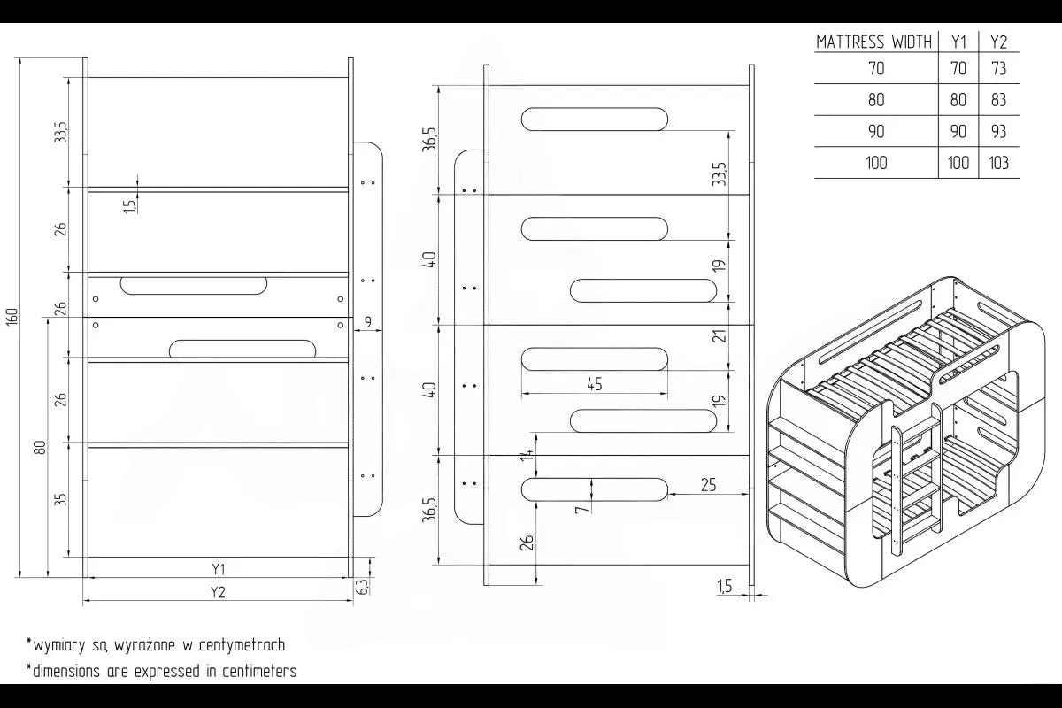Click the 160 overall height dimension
[12, 317]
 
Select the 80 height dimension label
[41, 447]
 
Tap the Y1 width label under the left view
[218, 568]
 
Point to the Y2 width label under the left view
[218, 592]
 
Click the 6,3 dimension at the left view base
[361, 587]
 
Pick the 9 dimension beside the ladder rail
[368, 322]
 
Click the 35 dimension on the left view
[61, 499]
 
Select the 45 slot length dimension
[595, 383]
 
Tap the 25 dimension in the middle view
[708, 485]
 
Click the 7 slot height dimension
[581, 509]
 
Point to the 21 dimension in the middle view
[720, 335]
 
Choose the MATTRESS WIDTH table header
[873, 42]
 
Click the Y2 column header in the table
[998, 42]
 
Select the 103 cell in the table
[998, 163]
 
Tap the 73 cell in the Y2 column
[998, 69]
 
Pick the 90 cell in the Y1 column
[958, 131]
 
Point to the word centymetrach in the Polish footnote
[242, 645]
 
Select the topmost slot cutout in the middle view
[595, 119]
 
